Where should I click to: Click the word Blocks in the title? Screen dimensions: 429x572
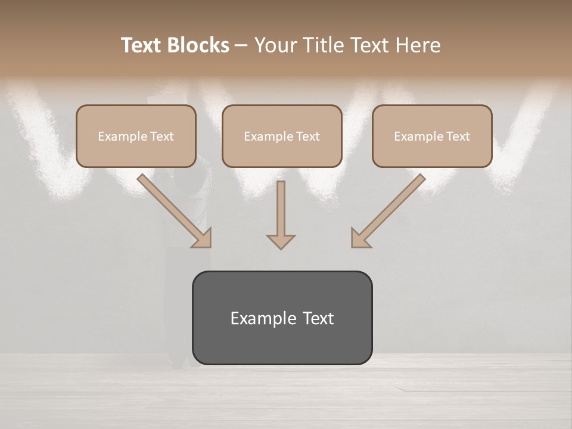(x=197, y=45)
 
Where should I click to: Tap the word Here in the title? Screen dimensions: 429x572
(x=416, y=45)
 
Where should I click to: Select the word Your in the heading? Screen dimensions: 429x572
(x=275, y=45)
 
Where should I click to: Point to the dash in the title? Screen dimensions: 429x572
(x=241, y=45)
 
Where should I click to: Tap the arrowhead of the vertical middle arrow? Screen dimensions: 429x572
(x=281, y=241)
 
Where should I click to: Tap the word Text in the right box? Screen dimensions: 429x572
(x=458, y=136)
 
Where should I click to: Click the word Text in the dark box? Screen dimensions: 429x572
(x=318, y=318)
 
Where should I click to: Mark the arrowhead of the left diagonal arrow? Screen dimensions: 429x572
(x=203, y=238)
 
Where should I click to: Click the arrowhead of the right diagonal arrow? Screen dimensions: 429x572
(x=360, y=238)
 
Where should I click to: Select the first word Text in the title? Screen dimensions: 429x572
(x=142, y=45)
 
